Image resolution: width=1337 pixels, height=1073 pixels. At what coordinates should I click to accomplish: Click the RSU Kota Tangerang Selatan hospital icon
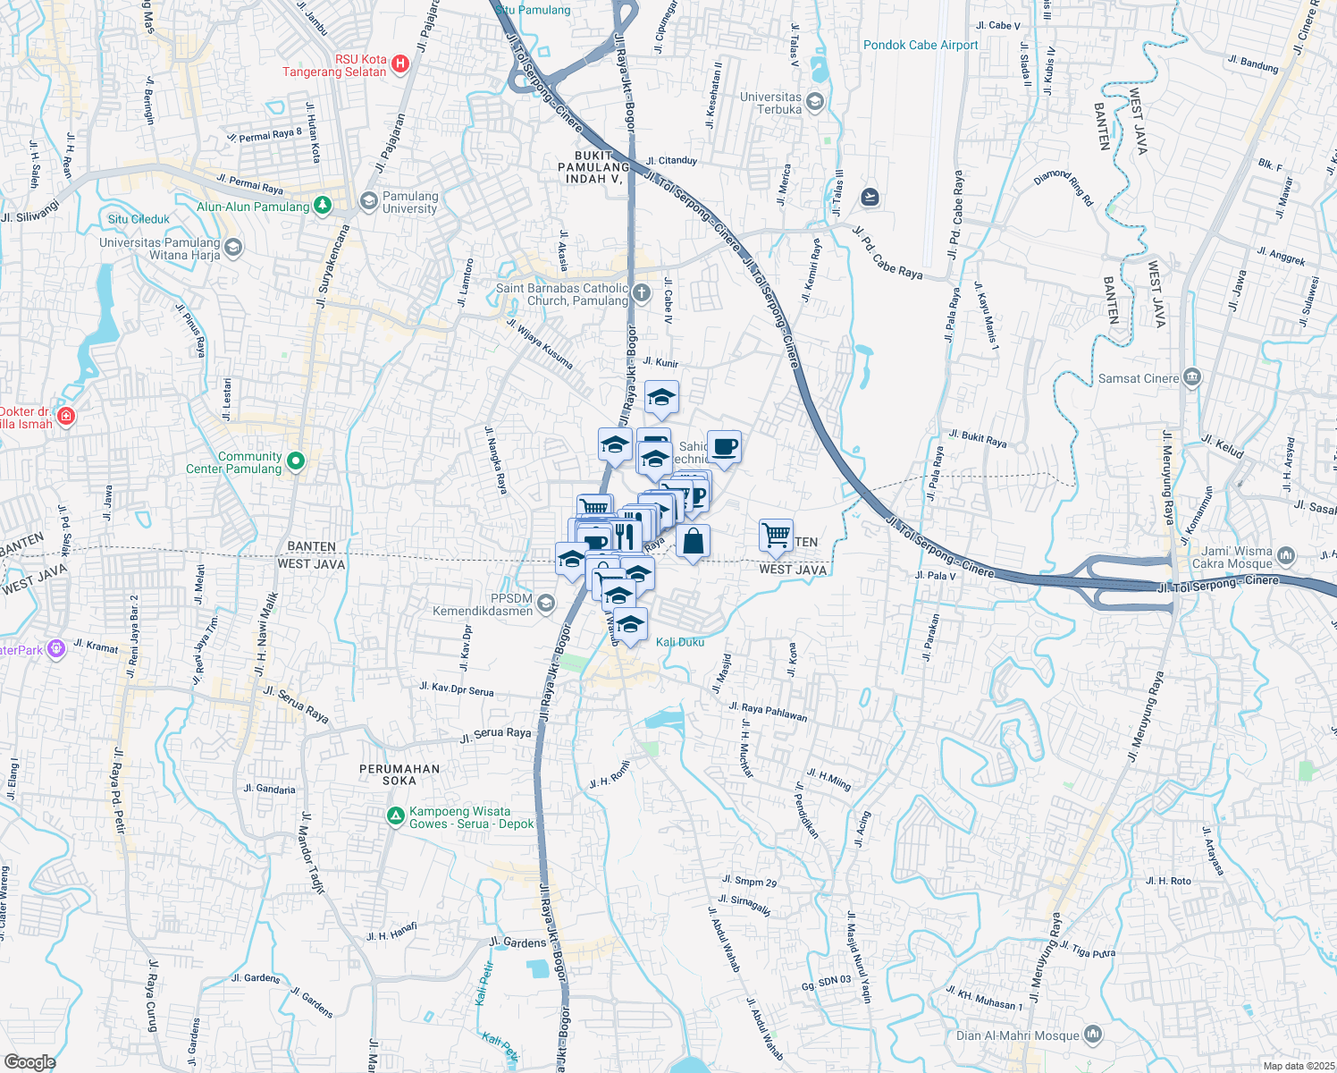(x=400, y=64)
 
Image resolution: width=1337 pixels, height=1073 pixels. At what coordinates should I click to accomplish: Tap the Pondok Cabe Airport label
(x=921, y=45)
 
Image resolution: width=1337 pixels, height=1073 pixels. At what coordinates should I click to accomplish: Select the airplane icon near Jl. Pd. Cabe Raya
(x=870, y=197)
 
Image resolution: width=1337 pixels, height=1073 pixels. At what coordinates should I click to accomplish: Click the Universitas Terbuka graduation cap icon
(x=814, y=102)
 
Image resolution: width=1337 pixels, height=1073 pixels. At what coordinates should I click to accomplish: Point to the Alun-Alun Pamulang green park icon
(x=323, y=207)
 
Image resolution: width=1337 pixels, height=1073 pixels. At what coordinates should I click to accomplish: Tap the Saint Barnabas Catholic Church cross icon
(x=642, y=293)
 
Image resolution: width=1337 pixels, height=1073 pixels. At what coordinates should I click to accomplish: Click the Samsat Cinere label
(x=1138, y=378)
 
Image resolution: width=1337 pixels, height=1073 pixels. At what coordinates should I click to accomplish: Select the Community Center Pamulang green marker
(x=296, y=461)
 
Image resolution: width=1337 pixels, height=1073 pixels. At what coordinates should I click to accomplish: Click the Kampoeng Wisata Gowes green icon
(x=395, y=816)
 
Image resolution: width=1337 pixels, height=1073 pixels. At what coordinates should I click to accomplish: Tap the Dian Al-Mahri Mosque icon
(x=1093, y=1035)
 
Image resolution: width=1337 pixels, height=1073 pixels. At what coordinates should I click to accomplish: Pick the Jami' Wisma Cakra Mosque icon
(x=1286, y=556)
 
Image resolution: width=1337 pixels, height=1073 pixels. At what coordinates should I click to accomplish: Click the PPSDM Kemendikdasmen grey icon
(x=546, y=604)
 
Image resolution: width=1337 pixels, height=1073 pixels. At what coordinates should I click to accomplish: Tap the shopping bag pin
(x=693, y=541)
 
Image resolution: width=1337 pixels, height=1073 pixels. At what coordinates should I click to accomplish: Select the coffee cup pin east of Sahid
(x=724, y=446)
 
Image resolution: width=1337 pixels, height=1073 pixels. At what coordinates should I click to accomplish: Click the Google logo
(x=29, y=1061)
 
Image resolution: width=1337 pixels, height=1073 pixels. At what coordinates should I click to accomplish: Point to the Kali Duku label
(x=680, y=642)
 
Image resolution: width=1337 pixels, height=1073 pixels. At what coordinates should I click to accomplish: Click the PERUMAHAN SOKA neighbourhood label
(x=399, y=774)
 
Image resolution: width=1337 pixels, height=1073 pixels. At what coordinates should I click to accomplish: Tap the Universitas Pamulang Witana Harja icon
(x=233, y=248)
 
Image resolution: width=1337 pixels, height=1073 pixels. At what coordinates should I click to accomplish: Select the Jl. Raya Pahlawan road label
(x=768, y=712)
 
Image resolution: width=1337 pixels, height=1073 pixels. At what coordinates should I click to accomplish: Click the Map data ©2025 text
(x=1299, y=1066)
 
